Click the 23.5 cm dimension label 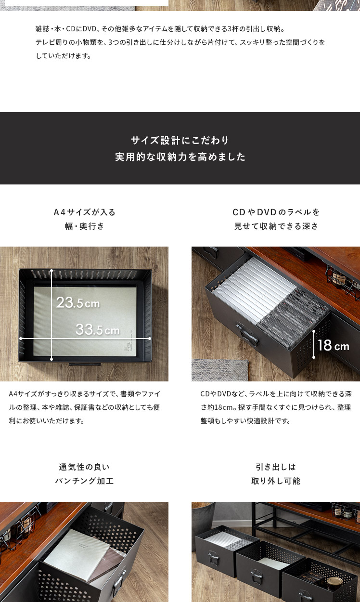click(x=78, y=302)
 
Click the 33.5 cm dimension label click(x=98, y=329)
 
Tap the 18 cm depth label click(x=334, y=345)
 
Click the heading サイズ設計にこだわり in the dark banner click(x=180, y=140)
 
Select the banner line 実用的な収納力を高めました click(x=180, y=157)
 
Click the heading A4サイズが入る click(x=84, y=212)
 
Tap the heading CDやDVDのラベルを click(x=276, y=212)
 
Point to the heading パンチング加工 click(x=84, y=481)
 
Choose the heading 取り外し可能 click(x=276, y=481)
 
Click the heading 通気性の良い click(x=84, y=467)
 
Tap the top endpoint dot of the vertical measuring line click(x=51, y=270)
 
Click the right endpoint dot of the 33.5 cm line click(x=150, y=339)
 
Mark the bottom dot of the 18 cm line click(x=313, y=357)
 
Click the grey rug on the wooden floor click(x=220, y=370)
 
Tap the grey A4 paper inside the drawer click(x=85, y=321)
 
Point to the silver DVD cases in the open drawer click(x=253, y=288)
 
